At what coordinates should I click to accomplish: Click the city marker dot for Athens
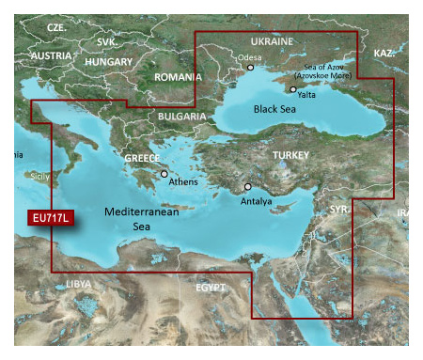coord(164,174)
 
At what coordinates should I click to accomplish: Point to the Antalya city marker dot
coord(248,187)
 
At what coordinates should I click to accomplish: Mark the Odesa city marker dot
coord(250,68)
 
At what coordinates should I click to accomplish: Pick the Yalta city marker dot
coord(293,89)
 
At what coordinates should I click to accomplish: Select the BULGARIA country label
coord(178,116)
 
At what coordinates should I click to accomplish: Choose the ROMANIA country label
coord(178,77)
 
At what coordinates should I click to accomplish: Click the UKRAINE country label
coord(273,41)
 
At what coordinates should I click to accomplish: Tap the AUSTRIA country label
coord(50,55)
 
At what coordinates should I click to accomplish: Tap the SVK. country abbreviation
coord(107,42)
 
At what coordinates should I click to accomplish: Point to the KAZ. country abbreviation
coord(384,54)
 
